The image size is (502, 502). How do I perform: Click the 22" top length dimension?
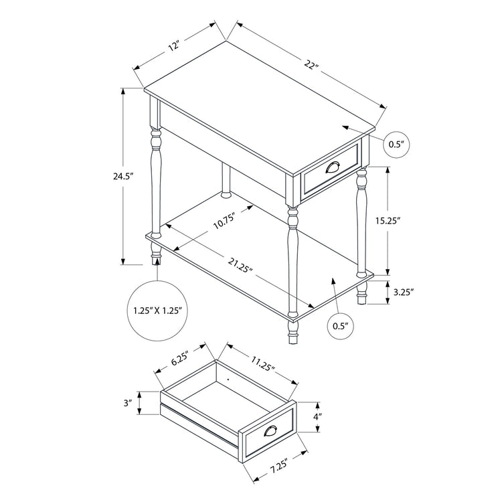point(310,65)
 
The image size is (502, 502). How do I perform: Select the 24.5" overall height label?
point(124,176)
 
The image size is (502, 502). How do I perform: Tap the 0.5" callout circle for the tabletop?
point(398,143)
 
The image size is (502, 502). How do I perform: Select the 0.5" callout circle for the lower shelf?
point(341,326)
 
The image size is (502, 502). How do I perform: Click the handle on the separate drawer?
point(271,432)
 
